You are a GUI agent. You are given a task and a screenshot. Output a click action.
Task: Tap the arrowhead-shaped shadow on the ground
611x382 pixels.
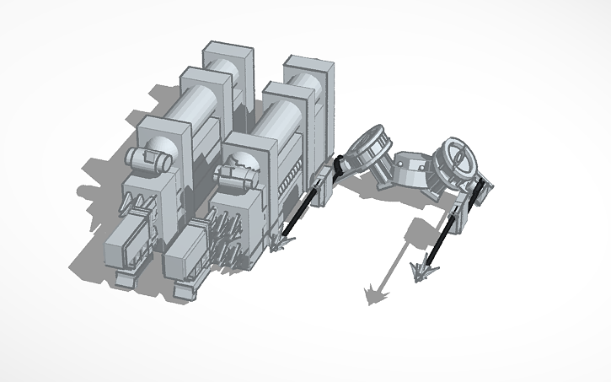373,294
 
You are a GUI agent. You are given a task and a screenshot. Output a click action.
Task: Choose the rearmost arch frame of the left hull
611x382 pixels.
228,64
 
